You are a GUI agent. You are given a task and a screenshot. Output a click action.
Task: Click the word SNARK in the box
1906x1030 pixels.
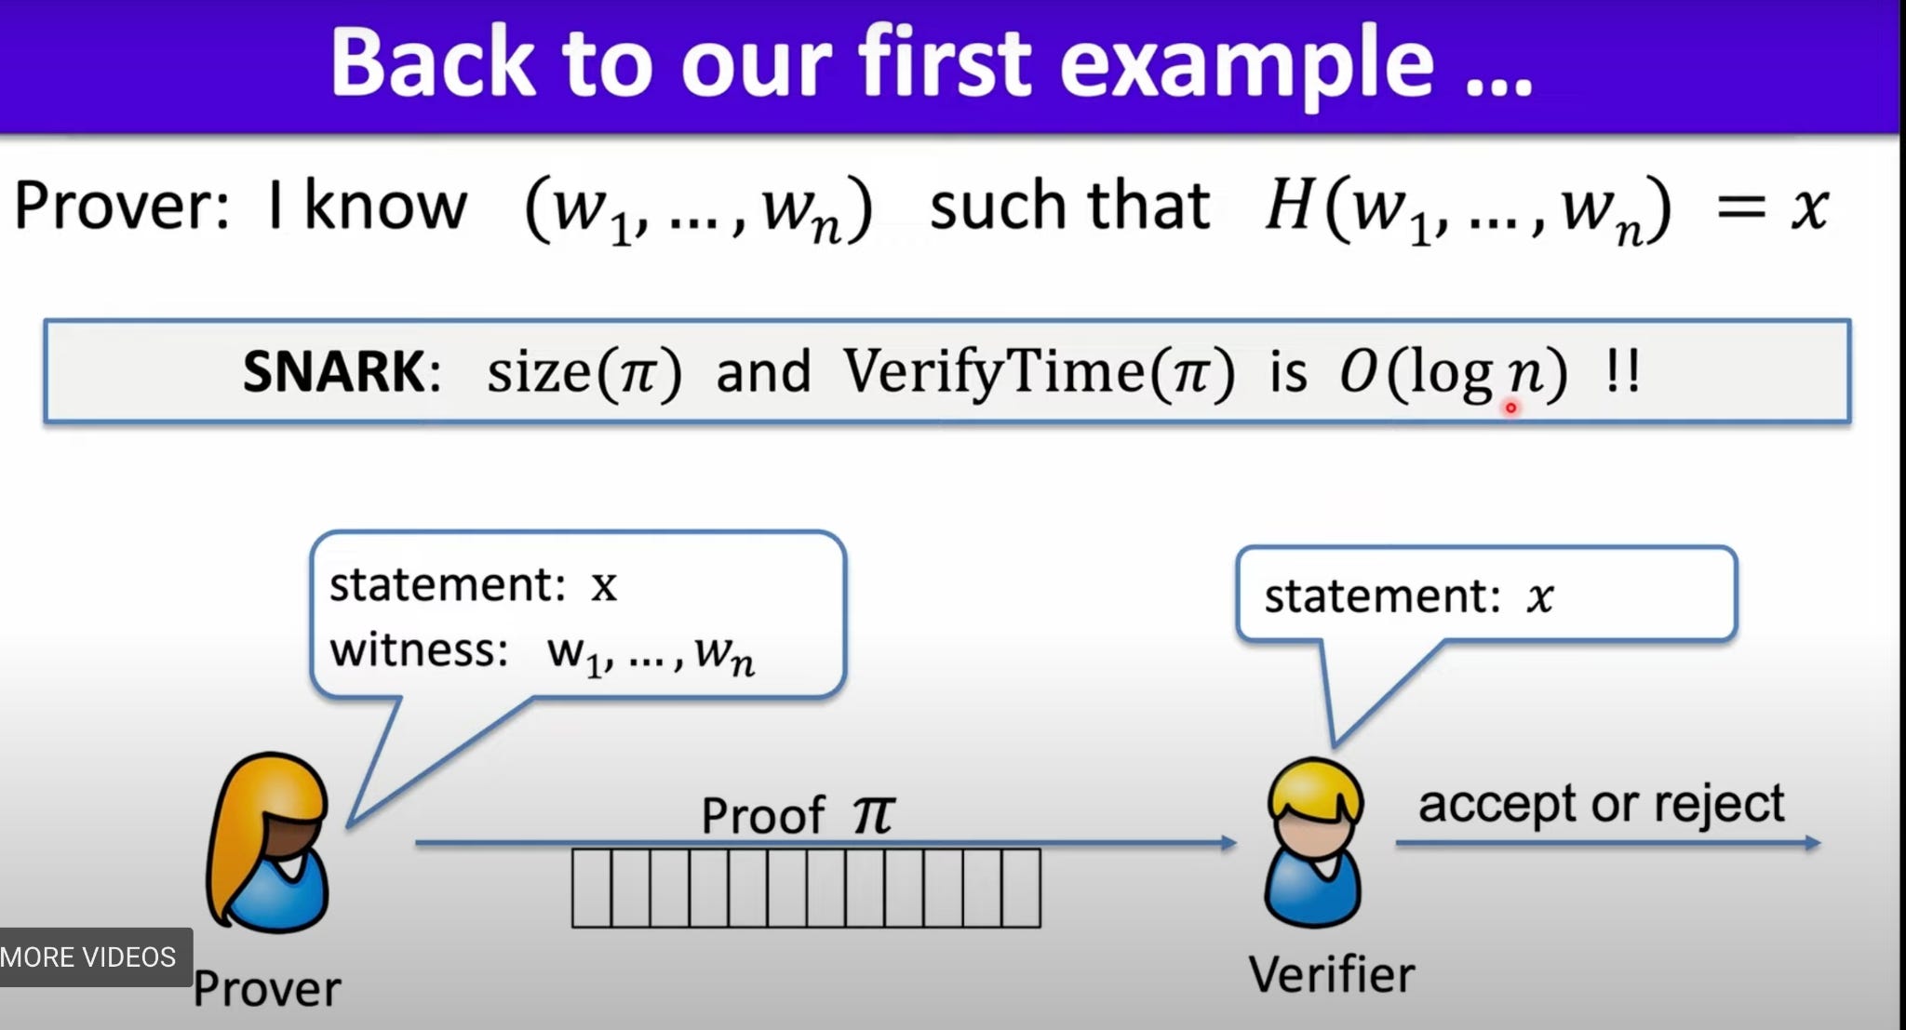pyautogui.click(x=333, y=371)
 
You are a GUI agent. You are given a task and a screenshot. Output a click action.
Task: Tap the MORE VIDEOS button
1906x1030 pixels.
pyautogui.click(x=89, y=957)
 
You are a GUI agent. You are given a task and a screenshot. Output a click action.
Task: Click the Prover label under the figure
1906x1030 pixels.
pyautogui.click(x=267, y=989)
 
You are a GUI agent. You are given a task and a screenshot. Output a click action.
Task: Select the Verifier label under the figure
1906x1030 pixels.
pyautogui.click(x=1331, y=975)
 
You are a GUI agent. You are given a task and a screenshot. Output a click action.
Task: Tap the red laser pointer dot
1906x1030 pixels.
pyautogui.click(x=1510, y=408)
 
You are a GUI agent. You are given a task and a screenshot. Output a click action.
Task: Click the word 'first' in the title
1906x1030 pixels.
pyautogui.click(x=945, y=63)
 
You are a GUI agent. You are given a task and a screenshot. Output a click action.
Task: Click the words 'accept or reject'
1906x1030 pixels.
pyautogui.click(x=1601, y=804)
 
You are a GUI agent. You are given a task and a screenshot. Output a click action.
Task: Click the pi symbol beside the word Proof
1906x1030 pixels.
pyautogui.click(x=873, y=815)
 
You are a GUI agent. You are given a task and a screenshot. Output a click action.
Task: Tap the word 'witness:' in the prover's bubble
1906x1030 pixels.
pyautogui.click(x=419, y=649)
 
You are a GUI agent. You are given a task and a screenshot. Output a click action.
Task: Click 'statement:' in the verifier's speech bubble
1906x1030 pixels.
pyautogui.click(x=1381, y=596)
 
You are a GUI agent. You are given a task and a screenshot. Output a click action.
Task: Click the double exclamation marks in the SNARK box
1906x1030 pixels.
pyautogui.click(x=1623, y=372)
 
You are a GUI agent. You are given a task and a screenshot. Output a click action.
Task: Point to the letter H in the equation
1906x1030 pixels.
pyautogui.click(x=1288, y=206)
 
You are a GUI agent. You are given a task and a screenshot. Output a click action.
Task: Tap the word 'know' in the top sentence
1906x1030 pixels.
pyautogui.click(x=385, y=206)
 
